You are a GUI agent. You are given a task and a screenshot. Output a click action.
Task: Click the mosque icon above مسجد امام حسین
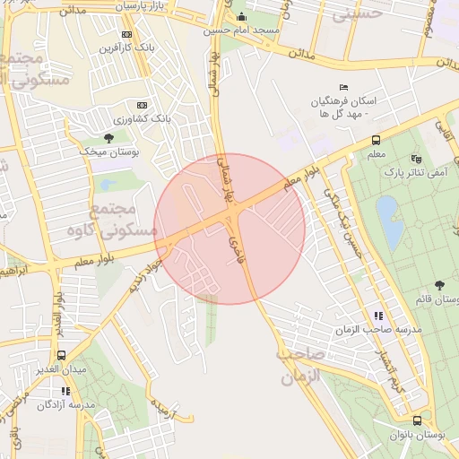point(240,17)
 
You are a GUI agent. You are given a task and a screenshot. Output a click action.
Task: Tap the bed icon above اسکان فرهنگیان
point(343,87)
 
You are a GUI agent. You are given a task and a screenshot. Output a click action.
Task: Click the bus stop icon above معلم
point(375,140)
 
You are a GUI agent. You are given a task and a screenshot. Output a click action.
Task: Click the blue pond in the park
point(390,221)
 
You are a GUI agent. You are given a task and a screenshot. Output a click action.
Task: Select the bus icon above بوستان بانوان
point(417,420)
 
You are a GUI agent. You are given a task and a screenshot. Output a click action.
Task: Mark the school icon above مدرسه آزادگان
point(65,391)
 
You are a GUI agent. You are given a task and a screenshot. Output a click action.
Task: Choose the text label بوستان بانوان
point(416,435)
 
